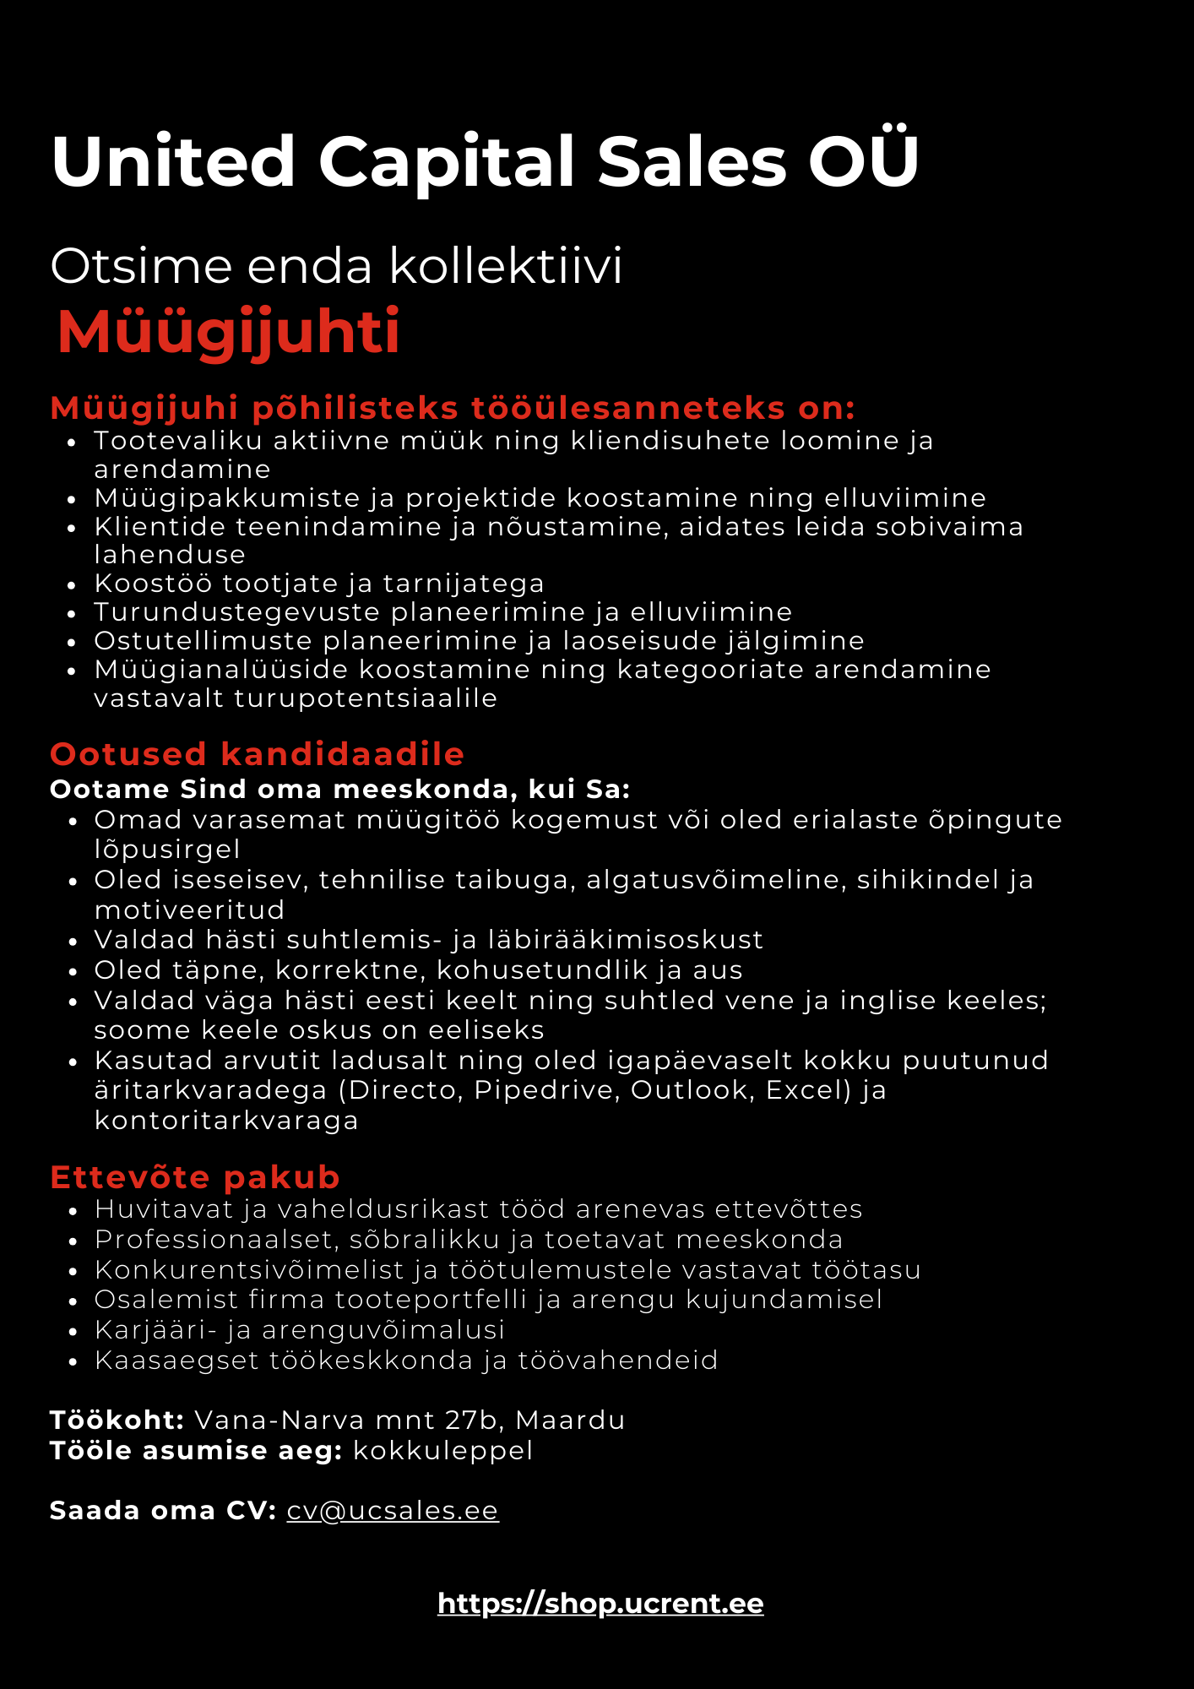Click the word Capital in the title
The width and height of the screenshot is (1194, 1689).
[445, 162]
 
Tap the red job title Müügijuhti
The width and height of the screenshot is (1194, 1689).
[228, 332]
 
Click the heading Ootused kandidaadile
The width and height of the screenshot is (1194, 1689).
[257, 753]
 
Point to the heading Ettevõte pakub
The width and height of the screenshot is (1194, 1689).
[194, 1176]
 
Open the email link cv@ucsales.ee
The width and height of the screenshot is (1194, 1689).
[393, 1510]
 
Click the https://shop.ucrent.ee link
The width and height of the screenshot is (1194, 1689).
[600, 1603]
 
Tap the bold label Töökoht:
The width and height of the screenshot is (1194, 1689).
[117, 1420]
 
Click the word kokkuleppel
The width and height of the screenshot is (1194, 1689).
[442, 1450]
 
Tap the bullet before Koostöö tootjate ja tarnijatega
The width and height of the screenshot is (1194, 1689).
[73, 584]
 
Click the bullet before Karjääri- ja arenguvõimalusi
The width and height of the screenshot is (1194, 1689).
[73, 1331]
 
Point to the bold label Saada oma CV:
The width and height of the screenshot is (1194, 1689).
[163, 1510]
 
